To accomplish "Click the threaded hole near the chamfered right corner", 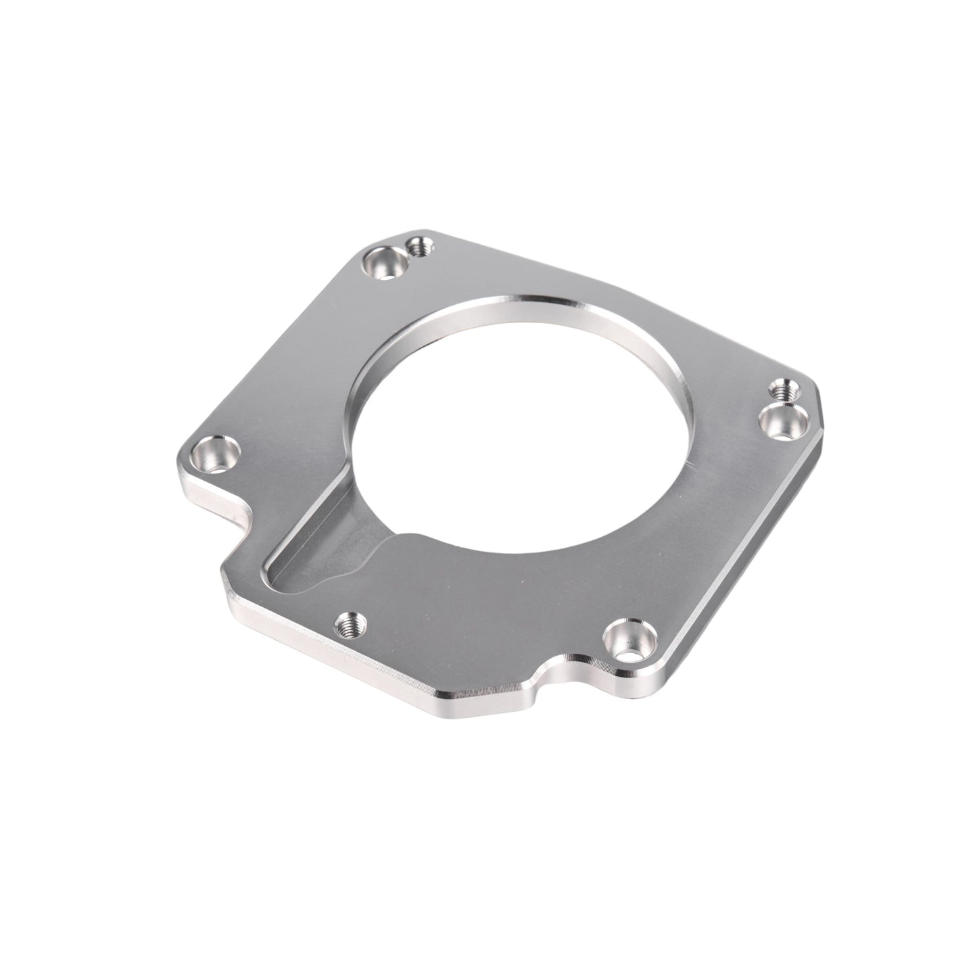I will pyautogui.click(x=784, y=391).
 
